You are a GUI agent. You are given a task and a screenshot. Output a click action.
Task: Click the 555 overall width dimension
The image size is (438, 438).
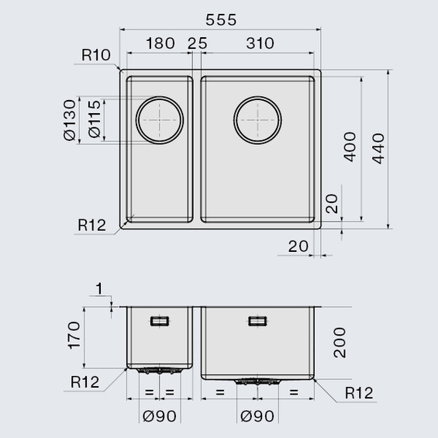pos(221,20)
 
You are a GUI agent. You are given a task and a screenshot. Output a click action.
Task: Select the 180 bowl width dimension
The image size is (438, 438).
pos(160,43)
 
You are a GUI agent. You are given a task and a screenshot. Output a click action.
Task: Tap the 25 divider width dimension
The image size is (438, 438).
pos(198,43)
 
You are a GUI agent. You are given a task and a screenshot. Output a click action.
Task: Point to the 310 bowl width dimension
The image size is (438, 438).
pos(260,43)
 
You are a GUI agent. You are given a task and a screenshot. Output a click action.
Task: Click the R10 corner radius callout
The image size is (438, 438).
pos(96,55)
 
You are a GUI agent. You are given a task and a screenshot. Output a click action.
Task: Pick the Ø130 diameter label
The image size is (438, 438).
pos(70,120)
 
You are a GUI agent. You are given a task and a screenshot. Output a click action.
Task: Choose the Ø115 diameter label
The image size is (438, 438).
pos(95,119)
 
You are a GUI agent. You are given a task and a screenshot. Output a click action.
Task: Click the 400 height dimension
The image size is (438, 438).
pos(350,147)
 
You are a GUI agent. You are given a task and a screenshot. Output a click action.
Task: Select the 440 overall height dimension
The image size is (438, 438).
pos(378,148)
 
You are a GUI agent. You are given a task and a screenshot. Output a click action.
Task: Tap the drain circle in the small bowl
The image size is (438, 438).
pos(160,97)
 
